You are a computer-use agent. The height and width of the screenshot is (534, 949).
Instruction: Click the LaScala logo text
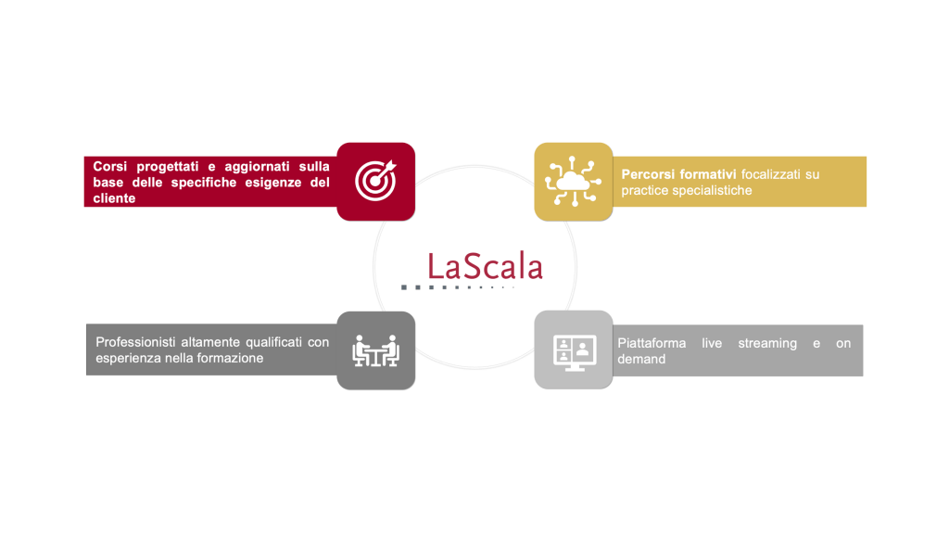click(x=485, y=266)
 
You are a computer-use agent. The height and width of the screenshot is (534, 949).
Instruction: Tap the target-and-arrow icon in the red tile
click(x=376, y=180)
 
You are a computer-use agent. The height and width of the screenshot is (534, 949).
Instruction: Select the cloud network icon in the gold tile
click(x=573, y=181)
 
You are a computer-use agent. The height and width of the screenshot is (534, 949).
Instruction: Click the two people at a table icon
click(x=376, y=350)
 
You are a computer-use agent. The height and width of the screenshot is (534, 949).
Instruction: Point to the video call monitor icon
click(x=575, y=351)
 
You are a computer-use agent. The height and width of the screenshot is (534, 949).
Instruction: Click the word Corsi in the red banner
click(x=110, y=167)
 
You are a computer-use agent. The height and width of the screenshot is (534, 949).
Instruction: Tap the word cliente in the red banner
click(x=114, y=198)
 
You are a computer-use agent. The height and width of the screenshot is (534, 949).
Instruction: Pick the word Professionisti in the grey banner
click(x=134, y=342)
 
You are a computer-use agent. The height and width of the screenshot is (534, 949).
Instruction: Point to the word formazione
click(x=233, y=359)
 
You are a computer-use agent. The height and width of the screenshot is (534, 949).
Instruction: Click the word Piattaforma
click(x=652, y=343)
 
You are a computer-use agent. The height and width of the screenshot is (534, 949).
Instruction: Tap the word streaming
click(x=767, y=344)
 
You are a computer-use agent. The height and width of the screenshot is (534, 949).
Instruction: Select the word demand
click(x=641, y=360)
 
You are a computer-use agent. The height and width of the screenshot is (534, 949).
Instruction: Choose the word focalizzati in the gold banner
click(x=770, y=174)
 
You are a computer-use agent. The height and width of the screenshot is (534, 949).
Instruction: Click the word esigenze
click(x=273, y=183)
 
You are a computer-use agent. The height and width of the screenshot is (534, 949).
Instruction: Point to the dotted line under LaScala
click(x=458, y=287)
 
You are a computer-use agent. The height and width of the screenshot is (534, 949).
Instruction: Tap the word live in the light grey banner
click(x=712, y=343)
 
